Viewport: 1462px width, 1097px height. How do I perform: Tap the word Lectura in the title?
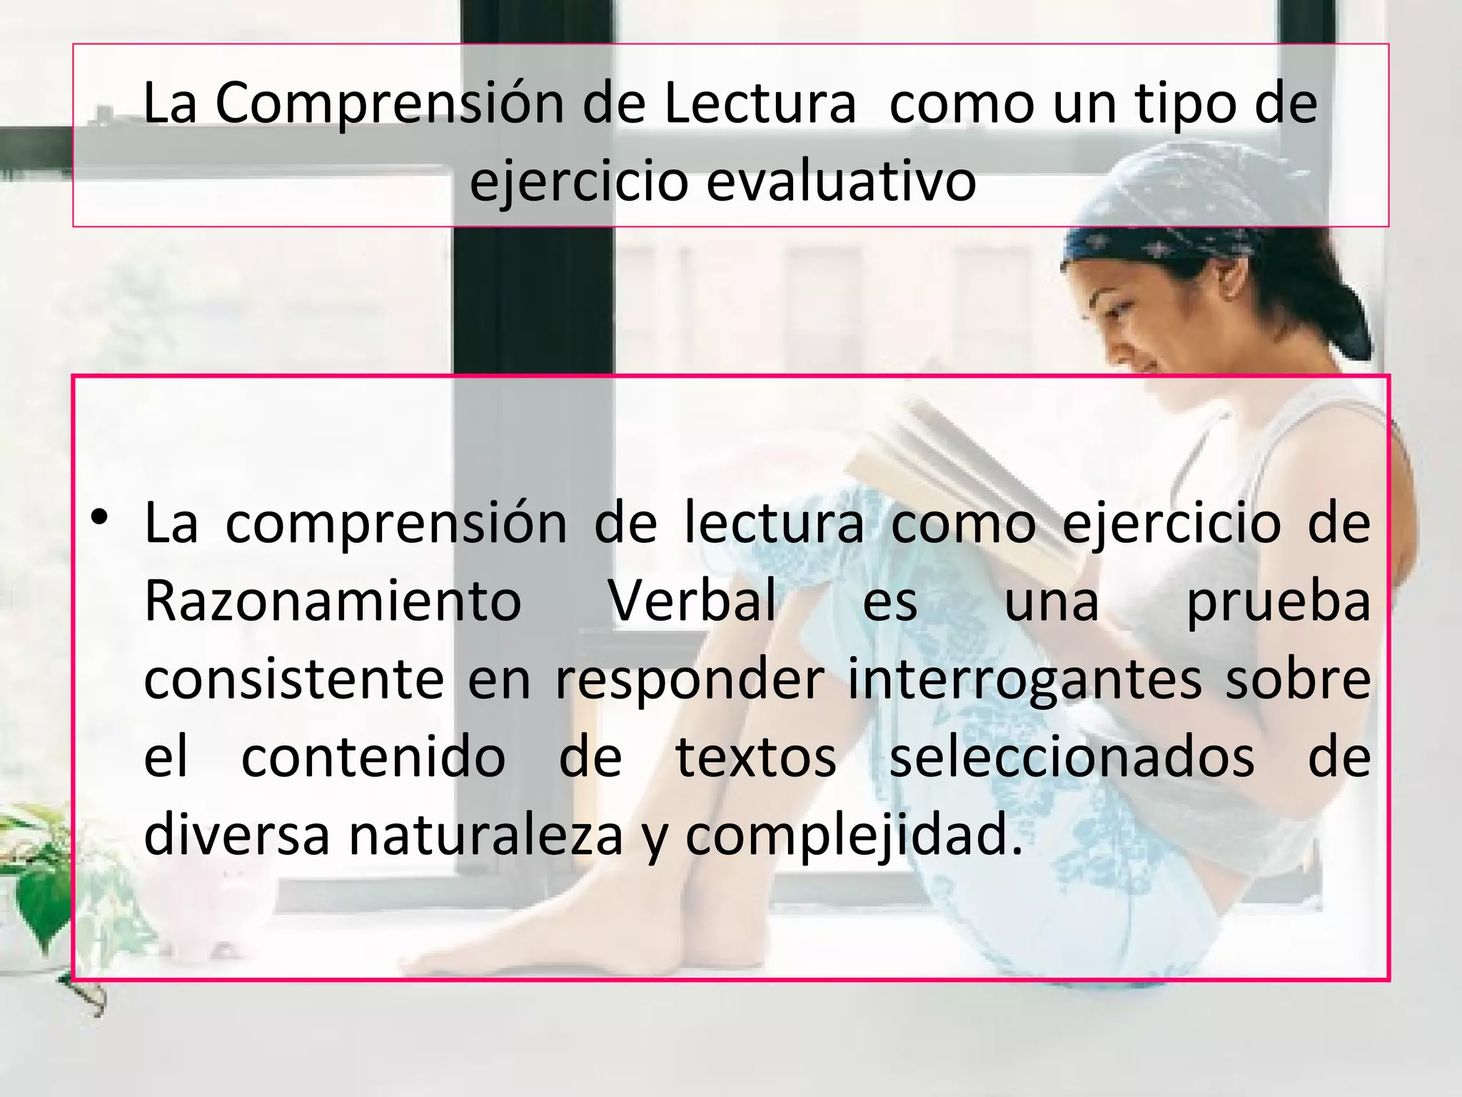760,104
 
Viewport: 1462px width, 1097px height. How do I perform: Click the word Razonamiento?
333,601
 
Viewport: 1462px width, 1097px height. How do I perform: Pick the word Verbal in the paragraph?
692,601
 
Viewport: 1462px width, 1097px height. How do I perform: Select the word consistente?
294,679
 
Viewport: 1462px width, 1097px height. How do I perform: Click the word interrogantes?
1025,681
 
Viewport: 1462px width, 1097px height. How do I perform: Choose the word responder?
690,681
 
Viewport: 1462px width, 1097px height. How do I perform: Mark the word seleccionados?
1072,758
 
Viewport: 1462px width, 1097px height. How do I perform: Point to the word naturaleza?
486,836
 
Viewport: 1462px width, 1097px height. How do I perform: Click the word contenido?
373,758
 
